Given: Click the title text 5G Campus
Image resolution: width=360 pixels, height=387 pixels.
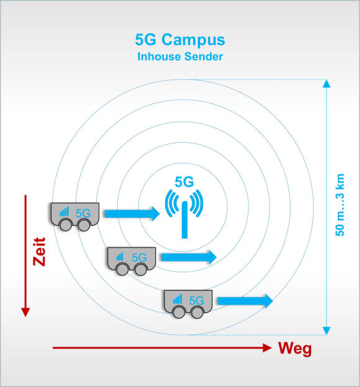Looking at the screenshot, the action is pos(180,40).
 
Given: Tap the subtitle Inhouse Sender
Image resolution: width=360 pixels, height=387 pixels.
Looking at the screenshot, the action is pos(180,56).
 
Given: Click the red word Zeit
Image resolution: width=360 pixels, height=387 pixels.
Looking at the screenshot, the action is pos(39,252).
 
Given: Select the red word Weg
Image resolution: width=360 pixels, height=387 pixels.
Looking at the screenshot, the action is pos(295,349).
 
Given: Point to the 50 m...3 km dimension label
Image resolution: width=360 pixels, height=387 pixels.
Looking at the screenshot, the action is pos(340,205).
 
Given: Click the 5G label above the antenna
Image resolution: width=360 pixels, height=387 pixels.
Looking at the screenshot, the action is pos(184,182).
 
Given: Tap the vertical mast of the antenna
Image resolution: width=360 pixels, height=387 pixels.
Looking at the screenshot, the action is pos(184,220).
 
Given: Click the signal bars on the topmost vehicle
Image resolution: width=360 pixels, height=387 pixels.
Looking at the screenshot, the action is pos(65,211).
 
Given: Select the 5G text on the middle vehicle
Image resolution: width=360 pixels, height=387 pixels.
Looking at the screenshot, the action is pos(139,257).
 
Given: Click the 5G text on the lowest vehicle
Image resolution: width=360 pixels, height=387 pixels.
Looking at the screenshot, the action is pos(196,301).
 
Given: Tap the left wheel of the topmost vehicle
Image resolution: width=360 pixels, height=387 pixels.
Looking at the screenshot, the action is pos(66,225).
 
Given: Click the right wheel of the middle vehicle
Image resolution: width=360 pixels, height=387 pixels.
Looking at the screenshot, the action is pos(141,269).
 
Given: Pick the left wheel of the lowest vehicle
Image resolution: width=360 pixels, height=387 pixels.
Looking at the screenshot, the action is pos(179,312).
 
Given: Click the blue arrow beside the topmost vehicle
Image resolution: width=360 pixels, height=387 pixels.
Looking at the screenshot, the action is pos(132,214).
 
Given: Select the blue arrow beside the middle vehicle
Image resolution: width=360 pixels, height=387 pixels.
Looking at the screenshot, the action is pos(189,257).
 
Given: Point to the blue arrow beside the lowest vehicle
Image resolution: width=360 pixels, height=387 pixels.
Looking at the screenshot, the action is pos(245,301).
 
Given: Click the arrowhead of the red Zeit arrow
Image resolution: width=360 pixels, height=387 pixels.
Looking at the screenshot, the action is pos(25,312).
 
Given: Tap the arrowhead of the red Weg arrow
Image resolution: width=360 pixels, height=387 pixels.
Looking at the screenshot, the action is pos(267,348).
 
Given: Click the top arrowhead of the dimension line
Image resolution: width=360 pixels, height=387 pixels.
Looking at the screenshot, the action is pos(326,84).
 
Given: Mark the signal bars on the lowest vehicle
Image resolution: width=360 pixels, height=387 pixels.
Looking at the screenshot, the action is pos(178,299).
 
